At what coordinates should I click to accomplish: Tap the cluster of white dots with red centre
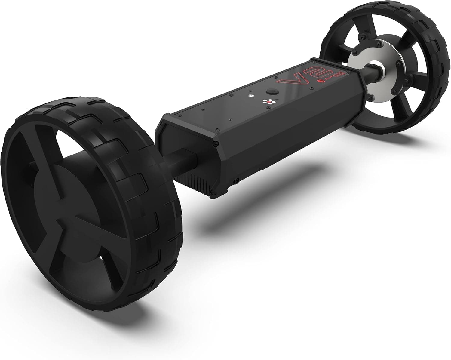tap(267, 102)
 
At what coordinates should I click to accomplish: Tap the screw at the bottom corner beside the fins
tap(213, 192)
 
